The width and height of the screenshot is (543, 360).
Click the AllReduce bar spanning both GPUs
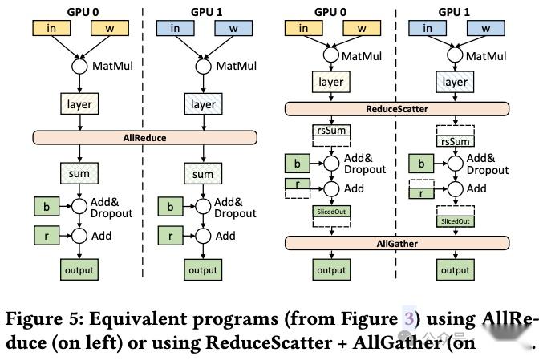[145, 137]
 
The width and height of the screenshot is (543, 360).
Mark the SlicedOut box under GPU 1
[455, 220]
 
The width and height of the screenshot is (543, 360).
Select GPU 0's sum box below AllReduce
[79, 174]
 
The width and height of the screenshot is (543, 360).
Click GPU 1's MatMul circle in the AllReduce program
[204, 65]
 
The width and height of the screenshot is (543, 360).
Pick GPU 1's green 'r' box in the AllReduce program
[170, 236]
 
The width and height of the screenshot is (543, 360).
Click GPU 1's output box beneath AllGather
[455, 269]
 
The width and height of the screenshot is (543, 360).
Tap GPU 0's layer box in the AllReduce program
[79, 103]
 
